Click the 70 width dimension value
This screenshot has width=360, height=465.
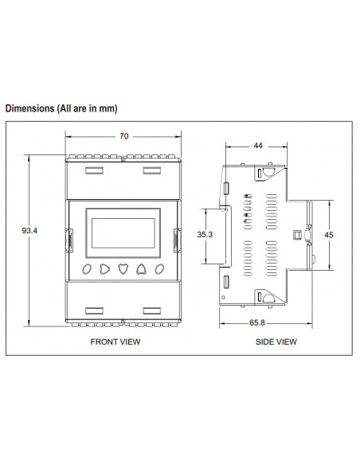click(123, 136)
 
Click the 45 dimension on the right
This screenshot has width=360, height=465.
click(330, 235)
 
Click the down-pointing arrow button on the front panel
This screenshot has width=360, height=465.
click(123, 268)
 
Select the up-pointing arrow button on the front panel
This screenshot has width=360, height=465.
click(141, 268)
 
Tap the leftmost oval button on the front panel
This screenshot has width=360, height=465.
click(86, 268)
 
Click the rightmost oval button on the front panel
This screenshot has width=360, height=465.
click(159, 268)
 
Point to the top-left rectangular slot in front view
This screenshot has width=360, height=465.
click(93, 170)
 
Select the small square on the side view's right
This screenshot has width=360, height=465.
click(297, 235)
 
